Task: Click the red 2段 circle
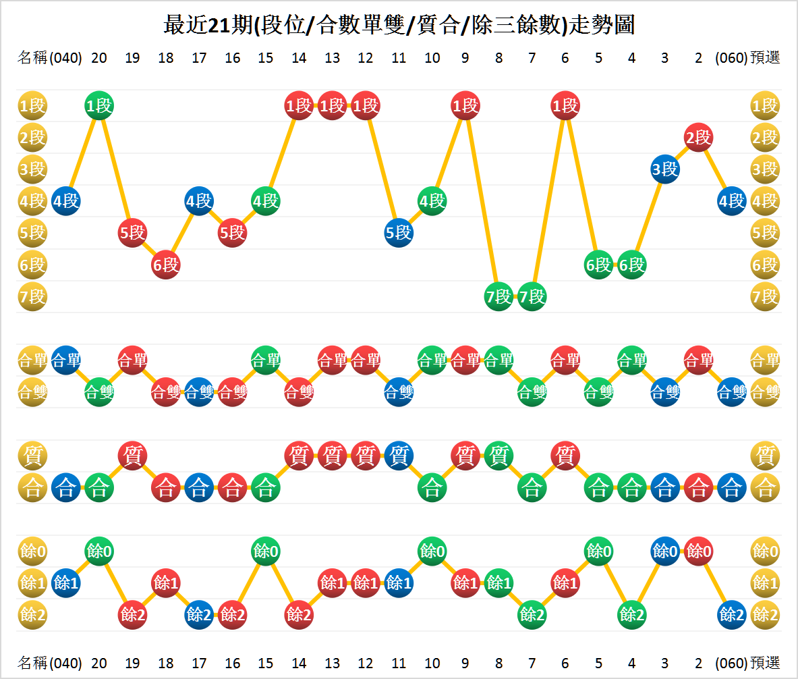pyautogui.click(x=698, y=138)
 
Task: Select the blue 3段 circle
pyautogui.click(x=665, y=169)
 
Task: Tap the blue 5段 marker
pyautogui.click(x=399, y=233)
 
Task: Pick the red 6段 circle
pyautogui.click(x=166, y=265)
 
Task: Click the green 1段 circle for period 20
pyautogui.click(x=99, y=105)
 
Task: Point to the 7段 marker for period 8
pyautogui.click(x=498, y=296)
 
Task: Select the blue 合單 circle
pyautogui.click(x=66, y=360)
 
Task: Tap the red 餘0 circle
pyautogui.click(x=698, y=551)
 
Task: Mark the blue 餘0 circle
pyautogui.click(x=665, y=551)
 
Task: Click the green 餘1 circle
pyautogui.click(x=498, y=582)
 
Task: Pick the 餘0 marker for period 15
pyautogui.click(x=266, y=551)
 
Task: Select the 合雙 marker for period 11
pyautogui.click(x=399, y=392)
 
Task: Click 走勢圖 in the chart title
pyautogui.click(x=602, y=26)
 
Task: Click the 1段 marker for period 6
pyautogui.click(x=565, y=105)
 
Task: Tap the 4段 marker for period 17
pyautogui.click(x=199, y=201)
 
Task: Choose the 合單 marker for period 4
pyautogui.click(x=632, y=360)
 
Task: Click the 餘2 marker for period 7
pyautogui.click(x=532, y=614)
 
